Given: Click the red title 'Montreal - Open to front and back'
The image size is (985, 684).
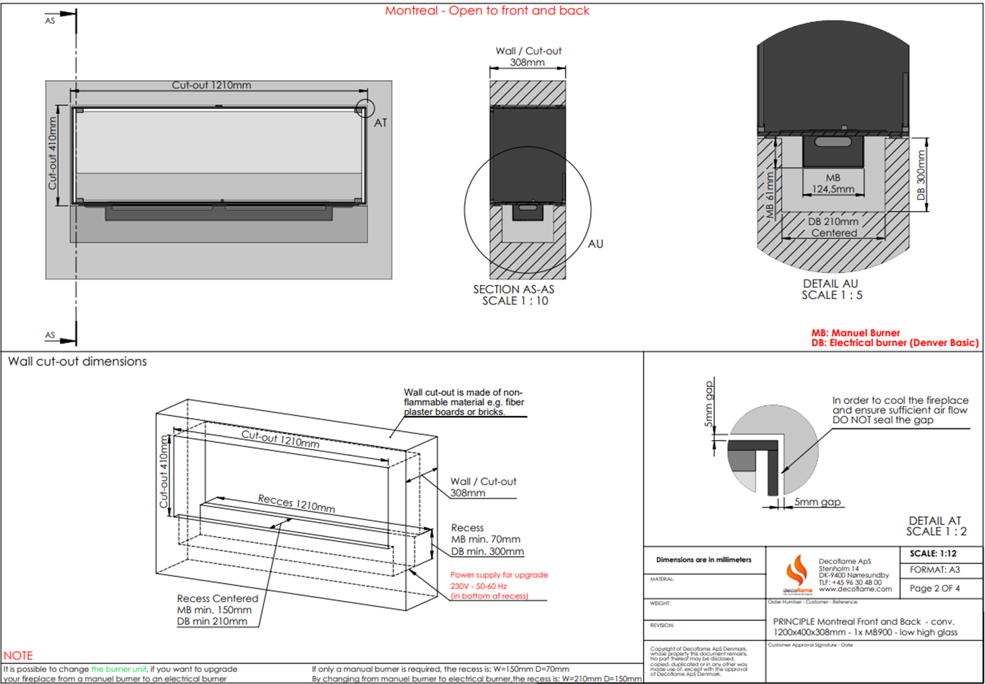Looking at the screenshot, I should point(487,11).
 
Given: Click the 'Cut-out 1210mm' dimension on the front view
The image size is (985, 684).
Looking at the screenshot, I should point(211,85).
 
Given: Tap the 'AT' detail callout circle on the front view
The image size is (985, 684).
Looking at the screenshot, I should point(364,108).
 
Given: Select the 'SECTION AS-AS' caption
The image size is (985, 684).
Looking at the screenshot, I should point(514,289).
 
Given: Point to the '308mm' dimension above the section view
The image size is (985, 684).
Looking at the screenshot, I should point(527,63).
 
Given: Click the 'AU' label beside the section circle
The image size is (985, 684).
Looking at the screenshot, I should point(595,244).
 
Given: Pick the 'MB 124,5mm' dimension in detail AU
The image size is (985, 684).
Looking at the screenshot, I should point(833,184).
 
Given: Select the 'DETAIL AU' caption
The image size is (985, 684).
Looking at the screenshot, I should point(831,284).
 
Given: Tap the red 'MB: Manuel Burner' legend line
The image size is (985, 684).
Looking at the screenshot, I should point(855,333).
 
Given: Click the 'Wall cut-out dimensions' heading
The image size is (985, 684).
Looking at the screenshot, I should point(77,362).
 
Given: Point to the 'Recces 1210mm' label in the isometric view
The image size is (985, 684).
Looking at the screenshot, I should point(296,503).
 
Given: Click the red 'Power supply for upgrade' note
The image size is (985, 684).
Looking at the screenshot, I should point(499,575).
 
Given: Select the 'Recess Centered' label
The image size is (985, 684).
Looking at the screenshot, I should point(217,598).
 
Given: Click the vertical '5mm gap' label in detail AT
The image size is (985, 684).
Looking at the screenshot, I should point(709,404).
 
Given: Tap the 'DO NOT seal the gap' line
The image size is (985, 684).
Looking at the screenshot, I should point(883,420).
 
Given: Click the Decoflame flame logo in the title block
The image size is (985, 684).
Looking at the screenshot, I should point(797,571).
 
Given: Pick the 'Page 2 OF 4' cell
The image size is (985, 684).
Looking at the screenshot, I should point(934,588).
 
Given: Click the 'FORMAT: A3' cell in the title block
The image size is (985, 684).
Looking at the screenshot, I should point(934,570).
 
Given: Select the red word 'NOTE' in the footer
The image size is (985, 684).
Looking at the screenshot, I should point(18,655).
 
